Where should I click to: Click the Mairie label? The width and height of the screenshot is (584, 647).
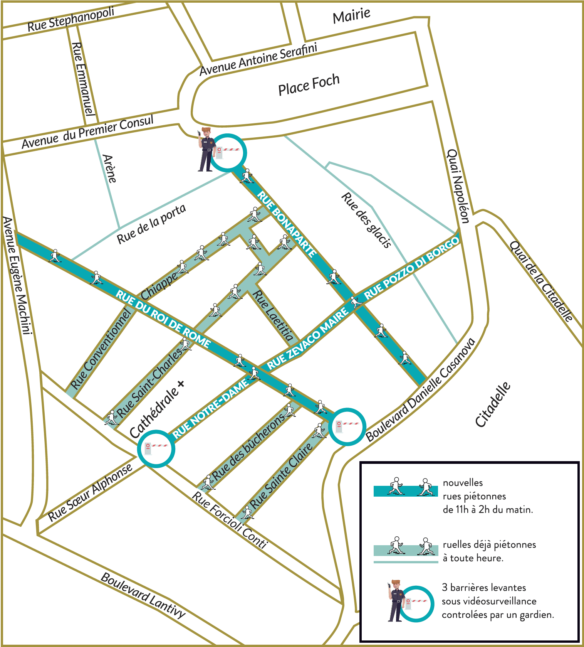(352, 16)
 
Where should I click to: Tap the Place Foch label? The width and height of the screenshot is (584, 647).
(309, 84)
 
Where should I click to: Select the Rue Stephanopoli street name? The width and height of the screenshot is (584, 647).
(71, 19)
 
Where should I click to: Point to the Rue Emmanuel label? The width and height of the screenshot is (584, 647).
(83, 79)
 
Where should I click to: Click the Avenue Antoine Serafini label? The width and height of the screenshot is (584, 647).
(258, 59)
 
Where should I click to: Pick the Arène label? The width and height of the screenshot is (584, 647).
(109, 168)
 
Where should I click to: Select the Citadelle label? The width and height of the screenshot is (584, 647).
(493, 404)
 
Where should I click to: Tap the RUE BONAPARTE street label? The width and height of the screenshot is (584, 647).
(287, 224)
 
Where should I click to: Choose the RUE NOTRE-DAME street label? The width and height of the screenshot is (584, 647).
(210, 409)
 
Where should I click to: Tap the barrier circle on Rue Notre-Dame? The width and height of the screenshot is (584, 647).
(156, 449)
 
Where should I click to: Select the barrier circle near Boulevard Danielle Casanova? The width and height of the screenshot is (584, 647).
(347, 427)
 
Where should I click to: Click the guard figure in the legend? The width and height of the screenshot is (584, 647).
(396, 600)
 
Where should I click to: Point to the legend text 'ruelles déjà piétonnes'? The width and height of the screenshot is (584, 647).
(489, 544)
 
